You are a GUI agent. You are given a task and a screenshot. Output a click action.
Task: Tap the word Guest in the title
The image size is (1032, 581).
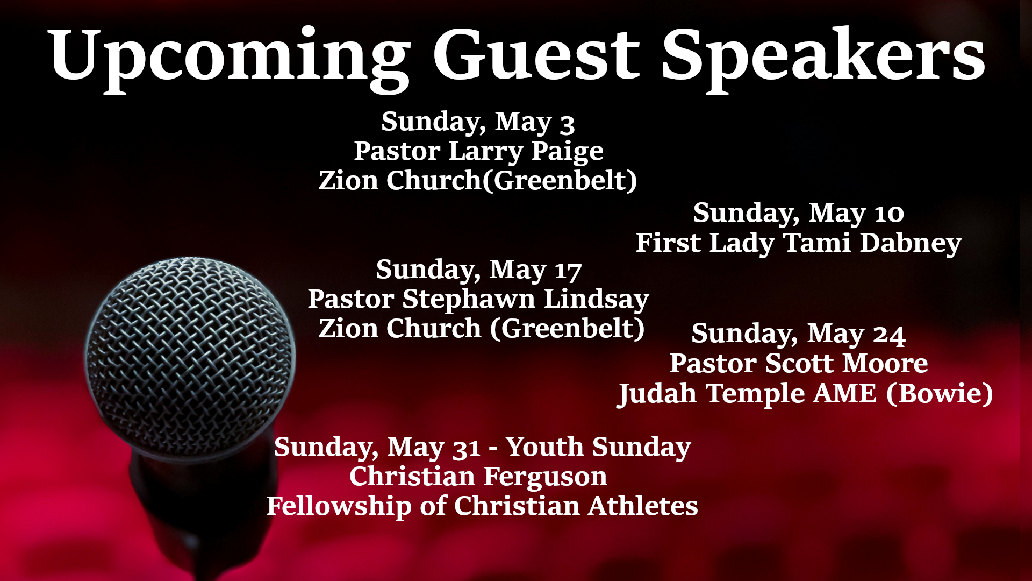click(x=536, y=54)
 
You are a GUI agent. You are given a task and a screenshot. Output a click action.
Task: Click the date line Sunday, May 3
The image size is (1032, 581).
click(x=478, y=122)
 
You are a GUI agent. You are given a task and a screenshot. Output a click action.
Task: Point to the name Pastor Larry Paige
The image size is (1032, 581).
click(x=478, y=151)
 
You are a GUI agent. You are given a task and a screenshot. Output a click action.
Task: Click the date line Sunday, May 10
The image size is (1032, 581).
click(x=798, y=213)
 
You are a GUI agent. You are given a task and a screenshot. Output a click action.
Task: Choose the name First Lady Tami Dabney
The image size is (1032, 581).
click(x=798, y=243)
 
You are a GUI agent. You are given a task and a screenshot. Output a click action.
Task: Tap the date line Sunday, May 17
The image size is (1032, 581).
click(x=478, y=270)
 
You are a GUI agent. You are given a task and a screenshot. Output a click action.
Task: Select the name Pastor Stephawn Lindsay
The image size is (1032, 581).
click(x=478, y=300)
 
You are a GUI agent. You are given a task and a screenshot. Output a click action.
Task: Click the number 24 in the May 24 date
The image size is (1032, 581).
click(x=889, y=335)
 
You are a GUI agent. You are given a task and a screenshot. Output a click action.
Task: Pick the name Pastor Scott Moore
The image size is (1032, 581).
click(x=798, y=363)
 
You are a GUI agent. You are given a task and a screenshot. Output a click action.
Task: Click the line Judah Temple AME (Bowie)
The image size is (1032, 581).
click(x=805, y=394)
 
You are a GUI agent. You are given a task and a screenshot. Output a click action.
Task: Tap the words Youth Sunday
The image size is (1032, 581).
click(x=598, y=448)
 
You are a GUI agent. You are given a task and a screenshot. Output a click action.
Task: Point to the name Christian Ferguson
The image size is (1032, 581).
click(x=478, y=477)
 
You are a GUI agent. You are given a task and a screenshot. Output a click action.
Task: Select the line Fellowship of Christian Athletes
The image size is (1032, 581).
click(x=482, y=506)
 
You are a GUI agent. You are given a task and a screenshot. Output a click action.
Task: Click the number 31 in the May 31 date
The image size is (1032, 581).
click(x=467, y=449)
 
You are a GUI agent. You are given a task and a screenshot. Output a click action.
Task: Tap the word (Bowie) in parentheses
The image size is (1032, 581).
click(x=939, y=394)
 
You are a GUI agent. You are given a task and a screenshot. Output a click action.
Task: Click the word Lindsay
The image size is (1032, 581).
click(x=597, y=300)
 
